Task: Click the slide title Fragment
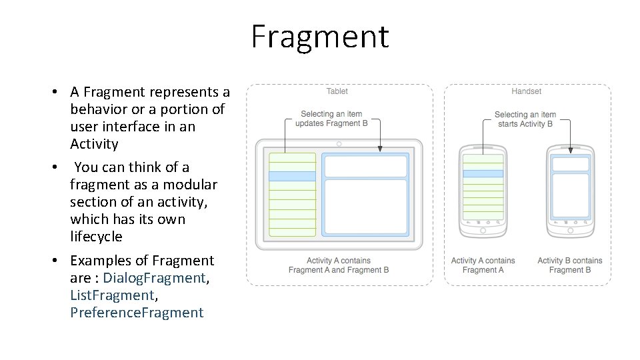319,36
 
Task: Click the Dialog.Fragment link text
155,278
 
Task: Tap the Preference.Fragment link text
137,313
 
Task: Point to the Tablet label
337,91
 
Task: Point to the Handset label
527,91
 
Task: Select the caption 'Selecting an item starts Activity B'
525,119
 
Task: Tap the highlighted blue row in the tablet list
292,176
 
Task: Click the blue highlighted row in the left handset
483,173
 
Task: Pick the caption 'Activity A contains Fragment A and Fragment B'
339,265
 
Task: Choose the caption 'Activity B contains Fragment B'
570,265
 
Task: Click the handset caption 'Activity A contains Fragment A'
483,265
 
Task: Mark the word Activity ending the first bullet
94,144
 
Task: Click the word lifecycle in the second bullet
96,237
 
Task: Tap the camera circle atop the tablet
339,144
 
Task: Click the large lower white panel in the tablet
365,207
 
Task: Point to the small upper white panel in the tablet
365,166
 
